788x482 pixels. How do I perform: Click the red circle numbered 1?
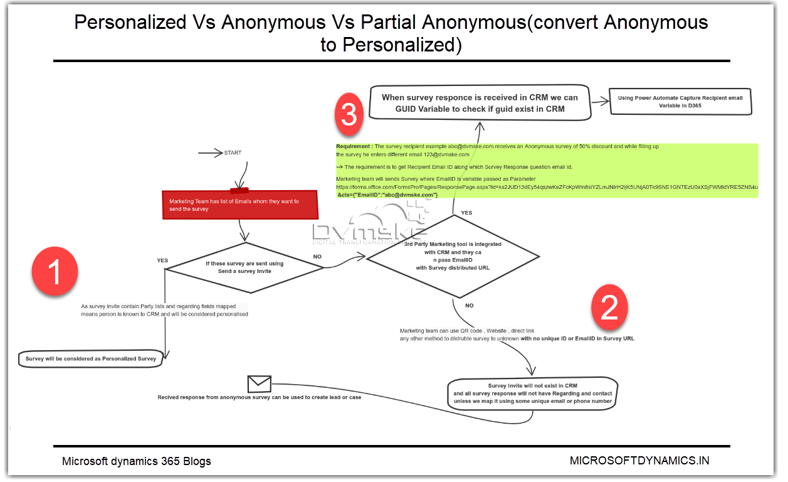tap(55, 272)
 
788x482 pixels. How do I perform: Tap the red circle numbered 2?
tap(609, 308)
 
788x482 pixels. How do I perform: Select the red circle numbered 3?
tap(349, 114)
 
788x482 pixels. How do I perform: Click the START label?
tap(232, 153)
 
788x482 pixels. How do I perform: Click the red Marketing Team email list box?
tap(241, 205)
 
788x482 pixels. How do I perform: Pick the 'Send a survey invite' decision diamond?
tap(244, 267)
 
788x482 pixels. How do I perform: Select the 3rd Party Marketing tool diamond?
tap(453, 256)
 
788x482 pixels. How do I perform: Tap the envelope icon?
tap(259, 383)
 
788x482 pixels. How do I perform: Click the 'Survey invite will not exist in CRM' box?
tap(532, 394)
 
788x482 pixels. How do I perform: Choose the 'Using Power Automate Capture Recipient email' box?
tap(680, 102)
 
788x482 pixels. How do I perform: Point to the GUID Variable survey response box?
tap(480, 103)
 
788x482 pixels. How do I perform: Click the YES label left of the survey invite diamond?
tap(162, 260)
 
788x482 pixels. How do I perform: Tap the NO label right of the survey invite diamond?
tap(317, 256)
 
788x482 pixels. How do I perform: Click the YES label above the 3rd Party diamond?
tap(466, 213)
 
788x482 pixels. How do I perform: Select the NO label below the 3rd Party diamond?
tap(469, 305)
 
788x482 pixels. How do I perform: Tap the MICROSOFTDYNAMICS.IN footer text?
tap(639, 460)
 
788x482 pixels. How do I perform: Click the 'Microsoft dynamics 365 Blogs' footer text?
tap(136, 461)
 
